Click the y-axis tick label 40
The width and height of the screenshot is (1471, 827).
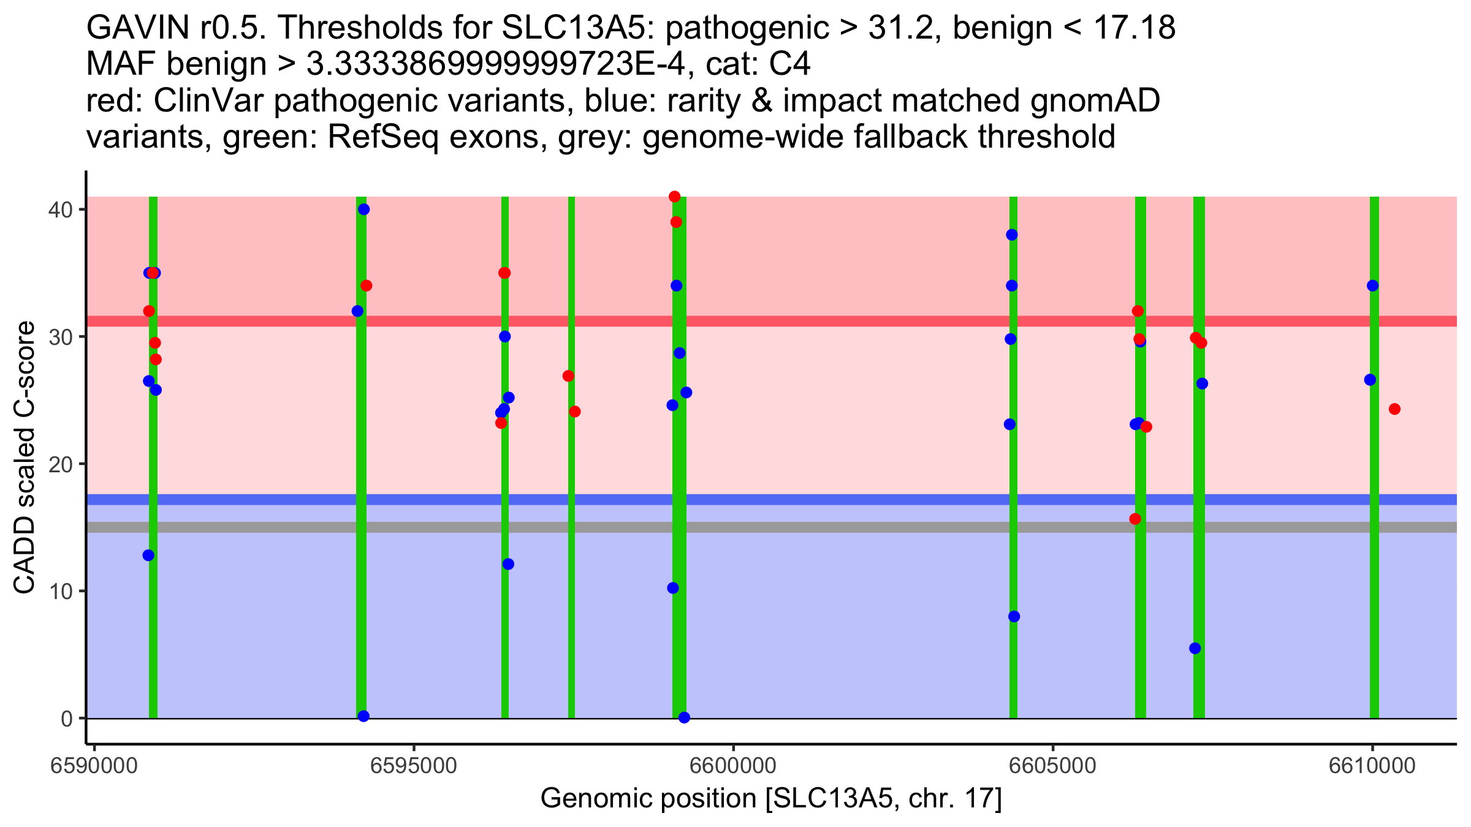tap(60, 210)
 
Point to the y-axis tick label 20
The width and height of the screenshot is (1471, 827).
tap(60, 464)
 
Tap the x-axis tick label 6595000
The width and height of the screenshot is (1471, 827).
tap(414, 766)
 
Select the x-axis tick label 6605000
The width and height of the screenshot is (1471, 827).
tap(1052, 766)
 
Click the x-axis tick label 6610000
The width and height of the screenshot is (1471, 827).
tap(1372, 766)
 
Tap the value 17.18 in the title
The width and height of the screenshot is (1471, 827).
tap(1133, 28)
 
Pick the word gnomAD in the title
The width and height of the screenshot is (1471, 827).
tap(1095, 101)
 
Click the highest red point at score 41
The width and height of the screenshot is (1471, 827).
tap(675, 197)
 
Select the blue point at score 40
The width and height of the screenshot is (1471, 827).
tap(364, 210)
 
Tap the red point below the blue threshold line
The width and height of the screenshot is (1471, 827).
tap(1135, 519)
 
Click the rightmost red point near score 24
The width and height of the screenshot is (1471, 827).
tap(1394, 409)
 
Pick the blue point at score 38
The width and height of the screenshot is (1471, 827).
tap(1012, 235)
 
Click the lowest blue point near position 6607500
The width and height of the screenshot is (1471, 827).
tap(1195, 648)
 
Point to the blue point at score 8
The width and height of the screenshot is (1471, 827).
tap(1014, 616)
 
